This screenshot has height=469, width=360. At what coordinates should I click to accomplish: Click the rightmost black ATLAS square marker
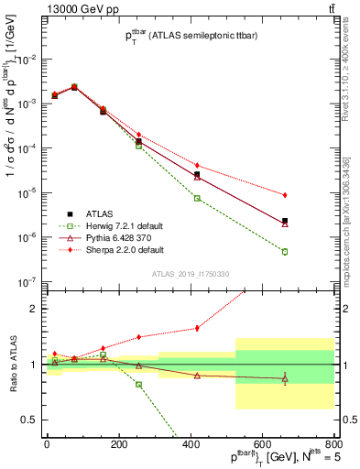tap(285, 221)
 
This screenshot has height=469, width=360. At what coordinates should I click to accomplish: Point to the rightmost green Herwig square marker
tap(285, 252)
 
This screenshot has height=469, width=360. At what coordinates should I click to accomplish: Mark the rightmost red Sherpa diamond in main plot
tap(285, 195)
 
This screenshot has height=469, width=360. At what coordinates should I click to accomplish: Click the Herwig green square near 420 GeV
tap(197, 198)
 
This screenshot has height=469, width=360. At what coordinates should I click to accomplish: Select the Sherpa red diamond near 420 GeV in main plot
tap(197, 165)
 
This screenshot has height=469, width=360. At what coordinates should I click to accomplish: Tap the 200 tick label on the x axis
tap(118, 444)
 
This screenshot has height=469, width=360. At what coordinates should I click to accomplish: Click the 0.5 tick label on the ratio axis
tap(28, 420)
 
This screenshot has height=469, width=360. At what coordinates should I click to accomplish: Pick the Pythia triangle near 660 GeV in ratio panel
tap(285, 378)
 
